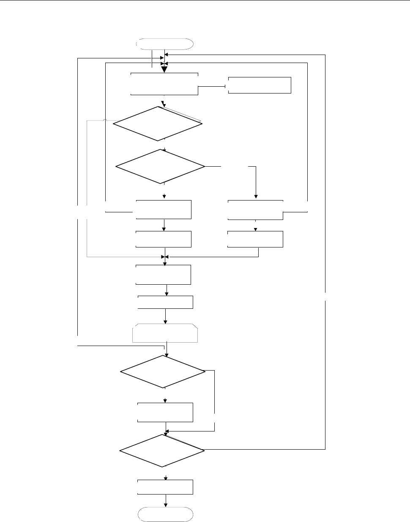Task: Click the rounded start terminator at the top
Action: pos(165,44)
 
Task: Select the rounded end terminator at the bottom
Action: pos(166,514)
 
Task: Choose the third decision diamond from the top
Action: pos(163,371)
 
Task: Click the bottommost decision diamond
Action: pos(162,451)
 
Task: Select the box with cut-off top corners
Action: pos(166,333)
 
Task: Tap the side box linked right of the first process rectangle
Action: pos(260,85)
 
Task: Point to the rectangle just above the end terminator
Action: pos(166,487)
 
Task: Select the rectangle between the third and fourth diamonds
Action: pos(166,412)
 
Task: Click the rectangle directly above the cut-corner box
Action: pos(166,302)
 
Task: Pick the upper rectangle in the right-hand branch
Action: pos(255,210)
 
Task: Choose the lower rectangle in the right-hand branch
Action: pos(255,239)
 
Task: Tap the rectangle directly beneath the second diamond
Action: pos(164,209)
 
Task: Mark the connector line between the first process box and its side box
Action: pos(213,87)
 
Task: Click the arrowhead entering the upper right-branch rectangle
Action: pos(255,197)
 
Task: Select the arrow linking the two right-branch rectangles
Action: pos(255,226)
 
